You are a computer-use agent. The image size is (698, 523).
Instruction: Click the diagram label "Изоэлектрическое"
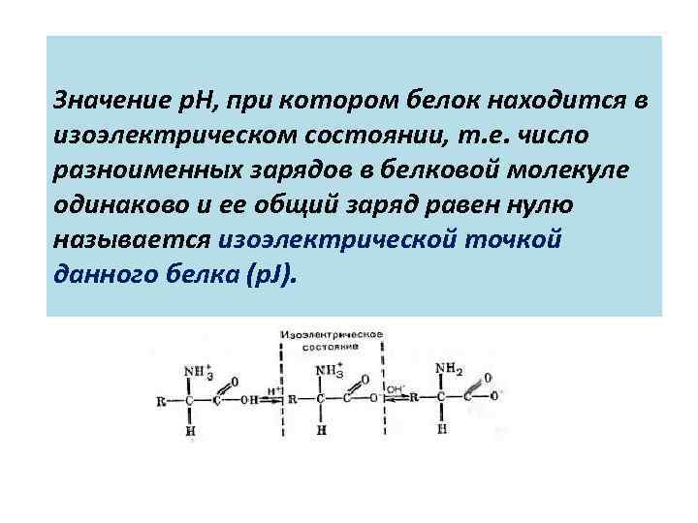click(x=331, y=334)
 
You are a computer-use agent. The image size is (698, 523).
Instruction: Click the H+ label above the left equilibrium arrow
click(x=275, y=389)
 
